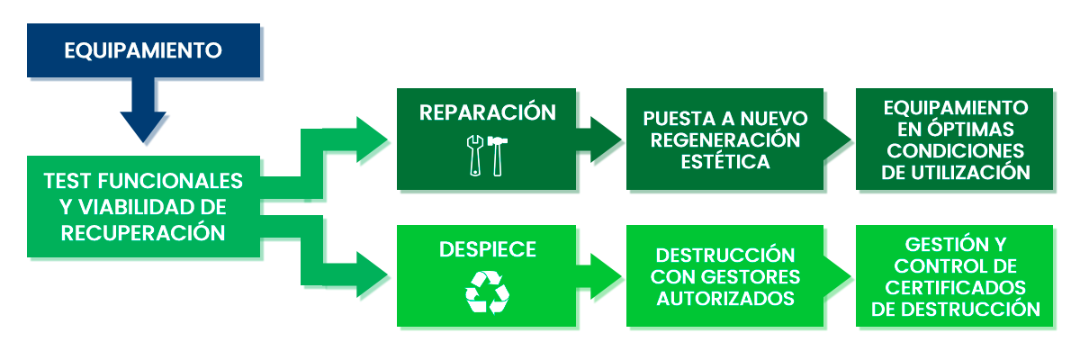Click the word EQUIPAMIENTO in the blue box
(143, 50)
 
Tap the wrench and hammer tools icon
(487, 156)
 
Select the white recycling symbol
(487, 292)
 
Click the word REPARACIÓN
(487, 112)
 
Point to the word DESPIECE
(487, 249)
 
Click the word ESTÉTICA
(725, 162)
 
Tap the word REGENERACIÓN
(725, 140)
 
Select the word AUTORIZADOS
(725, 298)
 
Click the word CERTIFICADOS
(955, 288)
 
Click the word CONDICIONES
(955, 150)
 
